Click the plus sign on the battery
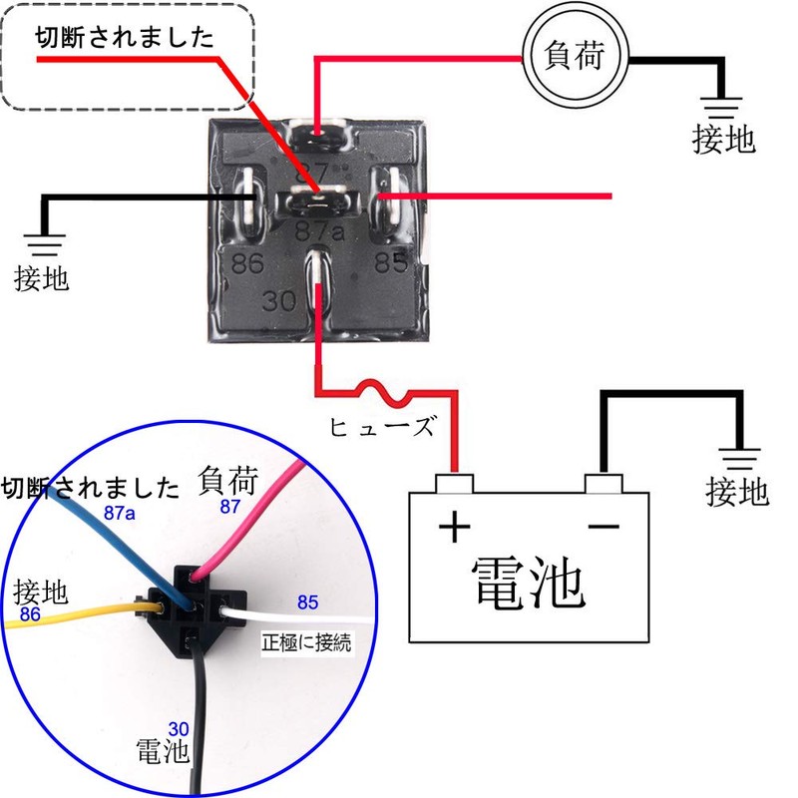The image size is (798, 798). (454, 527)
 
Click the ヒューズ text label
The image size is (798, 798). (382, 428)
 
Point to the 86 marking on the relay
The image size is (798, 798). (248, 265)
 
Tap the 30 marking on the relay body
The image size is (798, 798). (281, 299)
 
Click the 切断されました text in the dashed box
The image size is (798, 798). (125, 39)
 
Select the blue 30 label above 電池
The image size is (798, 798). (180, 729)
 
